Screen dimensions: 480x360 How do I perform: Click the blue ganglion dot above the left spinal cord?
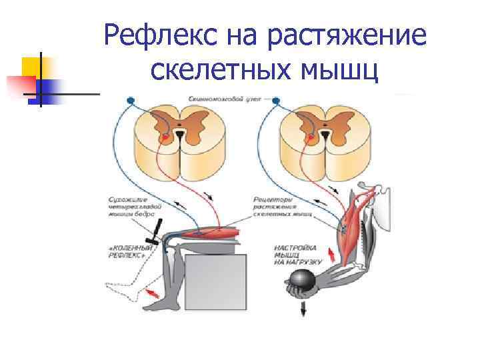(x=130, y=101)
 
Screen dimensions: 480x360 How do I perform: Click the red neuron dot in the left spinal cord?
(x=164, y=139)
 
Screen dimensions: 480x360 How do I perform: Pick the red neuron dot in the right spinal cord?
(x=309, y=139)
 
